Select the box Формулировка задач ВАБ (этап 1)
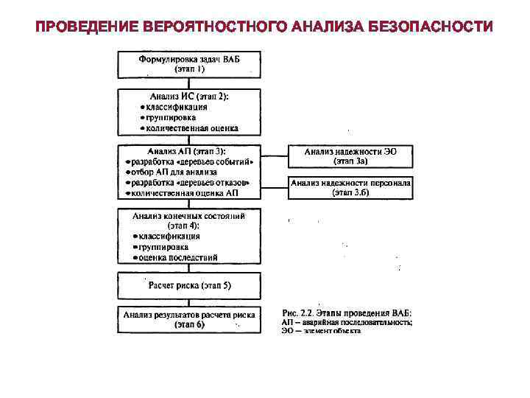click(189, 63)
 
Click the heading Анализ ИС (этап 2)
click(189, 96)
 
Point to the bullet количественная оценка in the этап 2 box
click(191, 128)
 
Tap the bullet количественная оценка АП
click(185, 193)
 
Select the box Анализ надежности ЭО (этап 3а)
click(350, 156)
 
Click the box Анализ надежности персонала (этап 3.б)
click(350, 187)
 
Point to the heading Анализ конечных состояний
click(189, 217)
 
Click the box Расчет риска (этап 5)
click(189, 285)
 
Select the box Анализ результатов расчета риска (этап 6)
click(189, 319)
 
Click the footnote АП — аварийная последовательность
click(347, 323)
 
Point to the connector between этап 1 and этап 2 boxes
click(189, 83)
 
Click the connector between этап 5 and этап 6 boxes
click(189, 301)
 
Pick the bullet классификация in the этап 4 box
click(170, 237)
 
